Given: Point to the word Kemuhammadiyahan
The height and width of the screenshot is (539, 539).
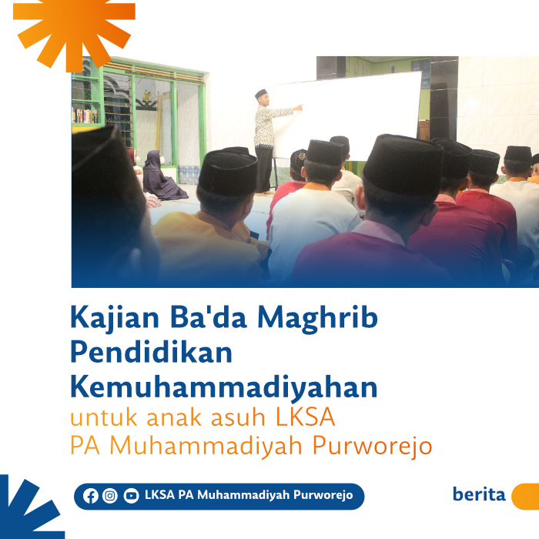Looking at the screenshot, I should [x=224, y=386].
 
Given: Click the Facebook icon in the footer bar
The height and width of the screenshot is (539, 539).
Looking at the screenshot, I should [x=91, y=496].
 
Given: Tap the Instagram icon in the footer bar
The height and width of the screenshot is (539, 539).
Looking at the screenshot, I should [x=110, y=496].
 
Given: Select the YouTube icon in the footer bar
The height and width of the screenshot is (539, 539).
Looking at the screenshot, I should [x=131, y=496].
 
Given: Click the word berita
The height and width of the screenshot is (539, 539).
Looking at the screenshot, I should [x=479, y=494].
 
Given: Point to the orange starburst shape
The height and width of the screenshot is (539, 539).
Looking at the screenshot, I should [x=73, y=27].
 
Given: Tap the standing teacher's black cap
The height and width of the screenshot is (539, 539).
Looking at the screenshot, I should [x=261, y=93].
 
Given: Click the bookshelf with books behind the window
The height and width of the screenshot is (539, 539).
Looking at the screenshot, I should [x=85, y=115].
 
